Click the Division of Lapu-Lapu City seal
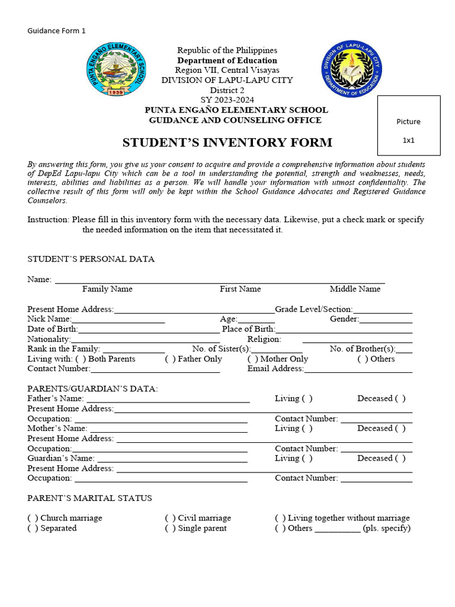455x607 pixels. click(352, 69)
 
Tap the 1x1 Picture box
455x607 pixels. click(408, 125)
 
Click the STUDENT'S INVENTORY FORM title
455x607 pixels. click(227, 143)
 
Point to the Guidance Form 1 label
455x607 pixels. click(57, 31)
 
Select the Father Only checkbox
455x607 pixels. click(170, 359)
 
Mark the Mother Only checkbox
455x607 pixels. click(252, 359)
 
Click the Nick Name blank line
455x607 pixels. click(118, 320)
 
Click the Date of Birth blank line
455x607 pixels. click(149, 330)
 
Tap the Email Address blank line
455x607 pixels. click(358, 369)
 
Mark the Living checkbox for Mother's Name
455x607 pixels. click(307, 429)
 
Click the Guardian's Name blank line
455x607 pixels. click(172, 459)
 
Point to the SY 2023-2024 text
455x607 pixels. click(227, 100)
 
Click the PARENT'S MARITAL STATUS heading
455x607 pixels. click(89, 499)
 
